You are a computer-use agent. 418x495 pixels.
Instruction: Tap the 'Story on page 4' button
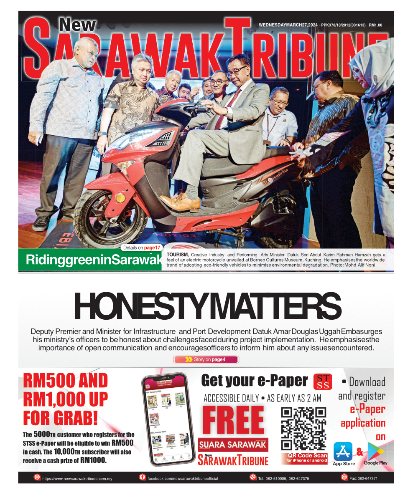point(206,359)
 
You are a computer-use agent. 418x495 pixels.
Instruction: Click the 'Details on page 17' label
point(142,248)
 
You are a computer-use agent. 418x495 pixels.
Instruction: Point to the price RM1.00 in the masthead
point(375,25)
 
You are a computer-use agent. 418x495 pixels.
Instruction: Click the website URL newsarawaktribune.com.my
point(77,478)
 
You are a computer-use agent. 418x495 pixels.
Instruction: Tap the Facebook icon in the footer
point(142,477)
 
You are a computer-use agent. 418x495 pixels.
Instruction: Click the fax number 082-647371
point(363,478)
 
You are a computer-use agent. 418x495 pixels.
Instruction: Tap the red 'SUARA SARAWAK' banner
point(233,444)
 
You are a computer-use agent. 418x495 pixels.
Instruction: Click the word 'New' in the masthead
point(77,25)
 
